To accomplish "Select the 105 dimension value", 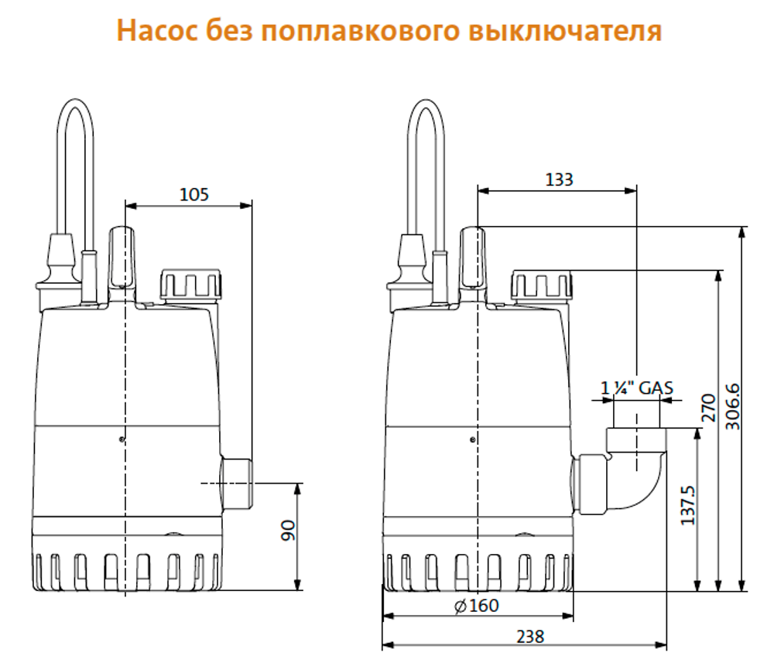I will (x=194, y=194).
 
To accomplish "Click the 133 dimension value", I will (x=560, y=179).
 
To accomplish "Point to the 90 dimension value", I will (x=288, y=531).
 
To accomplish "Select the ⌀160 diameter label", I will (x=477, y=605).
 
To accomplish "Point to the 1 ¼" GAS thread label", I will (x=638, y=388).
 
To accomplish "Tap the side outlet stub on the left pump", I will (x=237, y=483).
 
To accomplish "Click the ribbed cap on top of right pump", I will (x=543, y=285).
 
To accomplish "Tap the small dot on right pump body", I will (x=473, y=440).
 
